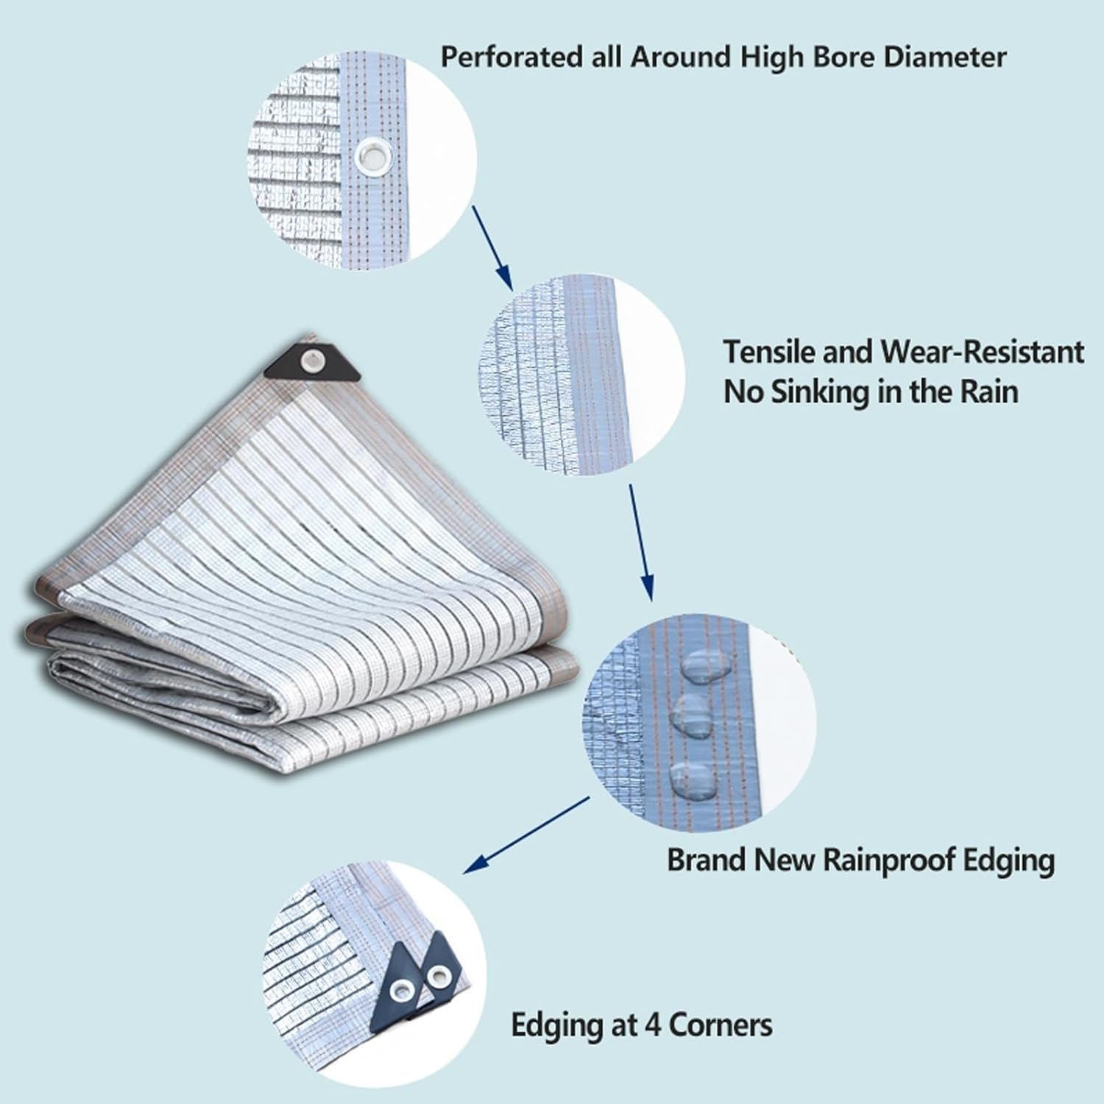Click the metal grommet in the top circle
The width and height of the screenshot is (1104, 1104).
373,156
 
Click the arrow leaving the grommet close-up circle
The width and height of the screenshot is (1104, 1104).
491,247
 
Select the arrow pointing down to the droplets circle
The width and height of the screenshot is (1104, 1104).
640,542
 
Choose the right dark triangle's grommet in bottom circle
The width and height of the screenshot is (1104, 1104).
439,977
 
